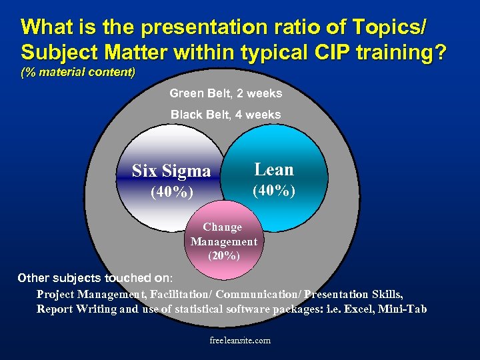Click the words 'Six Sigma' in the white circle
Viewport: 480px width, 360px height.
pos(171,171)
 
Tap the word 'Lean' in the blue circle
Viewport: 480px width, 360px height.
pos(274,169)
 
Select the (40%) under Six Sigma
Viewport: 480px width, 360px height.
pos(172,193)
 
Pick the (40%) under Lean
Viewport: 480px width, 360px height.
pos(274,191)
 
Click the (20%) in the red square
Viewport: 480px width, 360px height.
pos(224,255)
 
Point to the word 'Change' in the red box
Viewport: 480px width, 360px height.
pos(223,227)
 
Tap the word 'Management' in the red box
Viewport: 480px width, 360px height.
pos(224,241)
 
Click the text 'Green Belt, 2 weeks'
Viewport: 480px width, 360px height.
pos(225,93)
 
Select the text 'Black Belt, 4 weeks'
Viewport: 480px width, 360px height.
pos(225,115)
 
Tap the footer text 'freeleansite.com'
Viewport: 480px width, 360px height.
pos(240,341)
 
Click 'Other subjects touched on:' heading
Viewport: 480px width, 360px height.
pos(95,278)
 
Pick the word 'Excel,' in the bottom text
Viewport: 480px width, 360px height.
pos(357,309)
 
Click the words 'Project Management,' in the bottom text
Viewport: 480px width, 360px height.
pos(91,294)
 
